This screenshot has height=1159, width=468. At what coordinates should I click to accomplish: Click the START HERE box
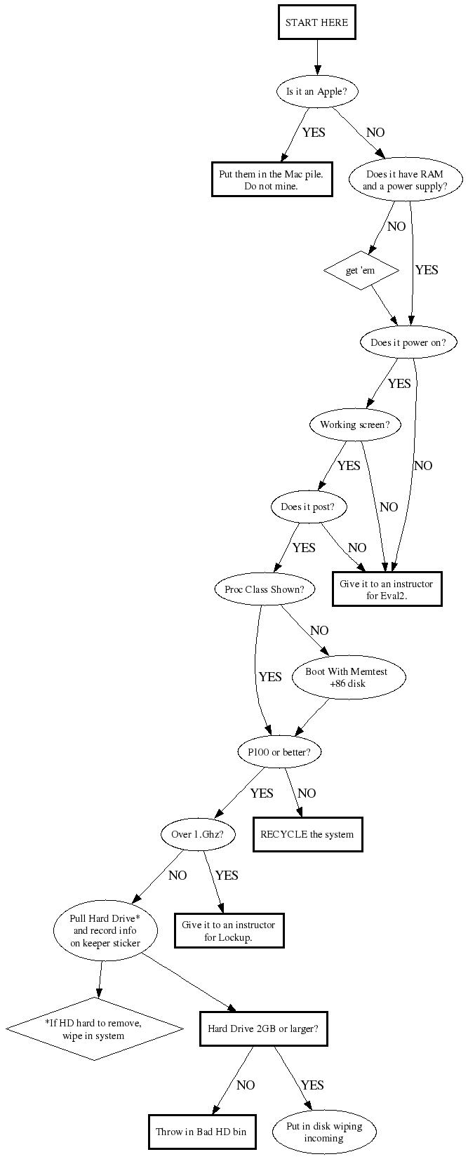tap(317, 22)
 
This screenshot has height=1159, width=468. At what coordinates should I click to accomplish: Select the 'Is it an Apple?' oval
tap(317, 92)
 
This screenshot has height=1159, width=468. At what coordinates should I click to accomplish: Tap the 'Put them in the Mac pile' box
tap(272, 180)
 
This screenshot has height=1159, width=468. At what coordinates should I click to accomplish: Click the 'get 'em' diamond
tap(361, 270)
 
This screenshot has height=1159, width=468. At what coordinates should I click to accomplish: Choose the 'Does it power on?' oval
tap(408, 342)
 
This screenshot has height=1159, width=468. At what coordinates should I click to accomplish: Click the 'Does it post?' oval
tap(308, 507)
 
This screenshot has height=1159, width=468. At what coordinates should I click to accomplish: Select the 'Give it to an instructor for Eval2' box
tap(387, 589)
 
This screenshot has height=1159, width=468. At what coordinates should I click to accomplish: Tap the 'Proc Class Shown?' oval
tap(265, 589)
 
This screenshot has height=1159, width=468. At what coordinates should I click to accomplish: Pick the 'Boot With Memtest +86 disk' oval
tap(348, 677)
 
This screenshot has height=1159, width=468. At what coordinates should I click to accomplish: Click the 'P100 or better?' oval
tap(279, 752)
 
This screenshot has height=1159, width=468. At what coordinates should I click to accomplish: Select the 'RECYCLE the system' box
tap(307, 834)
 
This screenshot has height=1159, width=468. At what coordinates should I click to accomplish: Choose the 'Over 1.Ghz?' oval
tap(198, 833)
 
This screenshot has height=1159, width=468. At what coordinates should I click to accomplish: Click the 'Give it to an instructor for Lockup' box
tap(229, 930)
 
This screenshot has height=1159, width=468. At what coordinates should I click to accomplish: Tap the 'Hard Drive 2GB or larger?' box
tap(264, 1028)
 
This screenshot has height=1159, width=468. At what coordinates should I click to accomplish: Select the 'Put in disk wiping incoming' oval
tap(325, 1132)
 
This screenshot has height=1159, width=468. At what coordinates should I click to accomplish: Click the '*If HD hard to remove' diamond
tap(95, 1029)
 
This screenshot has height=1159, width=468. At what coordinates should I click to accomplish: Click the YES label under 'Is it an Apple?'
tap(314, 133)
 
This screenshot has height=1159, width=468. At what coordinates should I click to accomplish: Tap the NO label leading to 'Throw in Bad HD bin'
tap(246, 1085)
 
